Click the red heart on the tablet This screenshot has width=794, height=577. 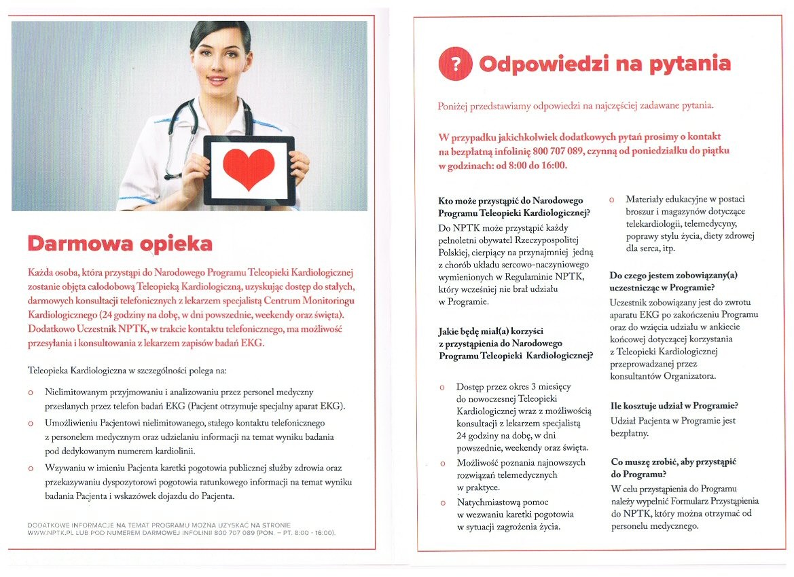249,169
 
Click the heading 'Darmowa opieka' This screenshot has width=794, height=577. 120,244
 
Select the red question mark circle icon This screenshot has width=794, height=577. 455,64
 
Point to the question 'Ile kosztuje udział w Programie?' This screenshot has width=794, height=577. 674,406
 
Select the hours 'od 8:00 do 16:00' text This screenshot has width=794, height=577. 527,166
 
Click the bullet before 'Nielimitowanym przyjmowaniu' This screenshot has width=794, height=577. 31,392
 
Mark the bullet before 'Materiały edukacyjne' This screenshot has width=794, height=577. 612,200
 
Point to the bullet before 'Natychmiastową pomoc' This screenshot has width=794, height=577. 443,503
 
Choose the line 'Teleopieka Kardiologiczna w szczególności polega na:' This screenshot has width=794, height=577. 128,371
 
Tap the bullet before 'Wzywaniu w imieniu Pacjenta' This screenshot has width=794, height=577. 31,468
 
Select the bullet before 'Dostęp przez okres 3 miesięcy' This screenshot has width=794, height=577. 443,386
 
